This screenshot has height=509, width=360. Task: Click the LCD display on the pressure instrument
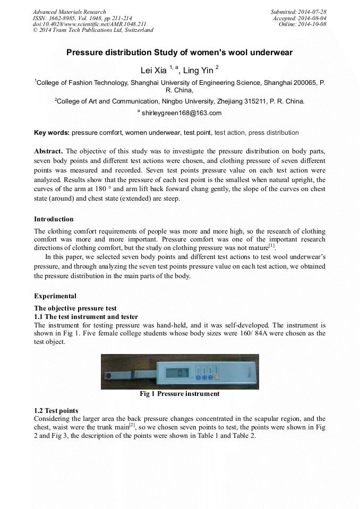coord(177,373)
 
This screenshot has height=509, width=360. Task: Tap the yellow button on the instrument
coord(217,378)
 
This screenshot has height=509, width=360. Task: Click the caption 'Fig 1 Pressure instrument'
coord(179,394)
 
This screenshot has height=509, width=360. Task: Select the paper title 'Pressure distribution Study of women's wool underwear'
coord(179,53)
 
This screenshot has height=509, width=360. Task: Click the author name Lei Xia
coord(153,70)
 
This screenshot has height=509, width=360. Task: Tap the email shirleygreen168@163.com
coord(182,113)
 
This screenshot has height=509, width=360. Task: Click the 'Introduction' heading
coord(54,219)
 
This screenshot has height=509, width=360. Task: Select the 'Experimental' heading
coord(55,296)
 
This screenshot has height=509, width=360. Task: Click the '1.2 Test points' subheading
coord(56,411)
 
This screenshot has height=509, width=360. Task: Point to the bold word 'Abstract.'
coord(48,151)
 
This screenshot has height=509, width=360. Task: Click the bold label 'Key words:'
coord(52,133)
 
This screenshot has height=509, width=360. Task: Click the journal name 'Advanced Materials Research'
coord(69,12)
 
